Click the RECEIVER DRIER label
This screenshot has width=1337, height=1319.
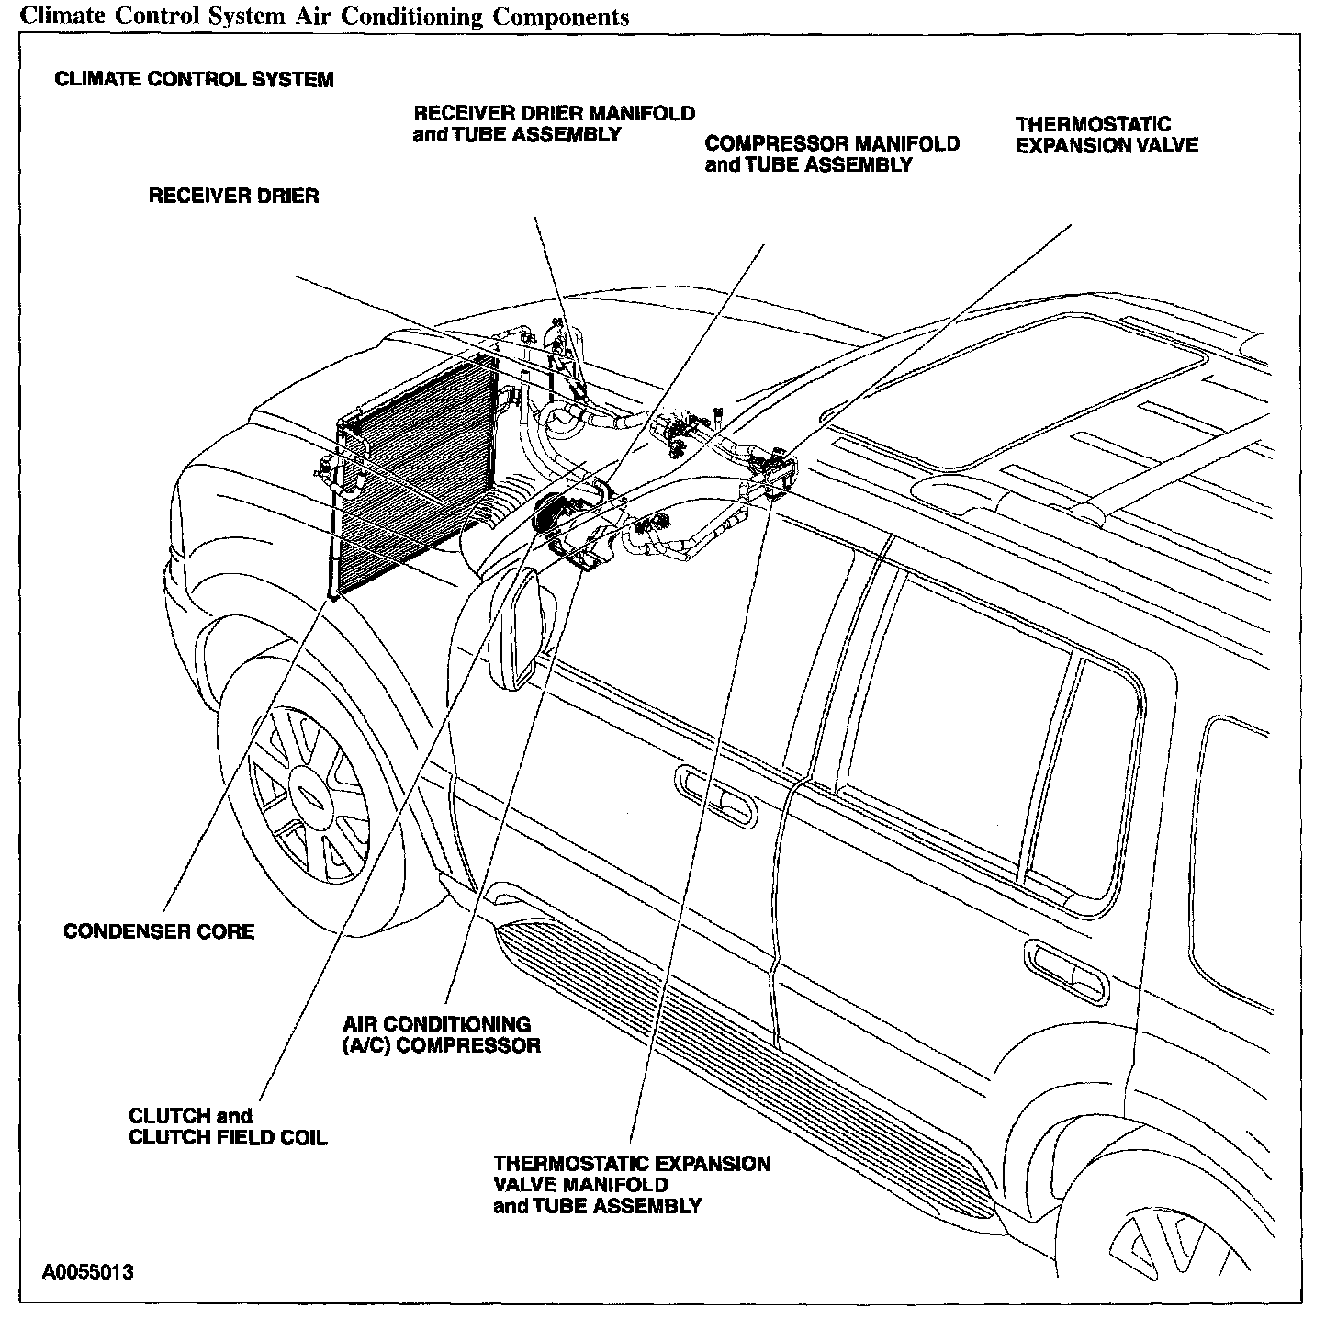[233, 196]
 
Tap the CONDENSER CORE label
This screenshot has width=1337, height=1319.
[159, 931]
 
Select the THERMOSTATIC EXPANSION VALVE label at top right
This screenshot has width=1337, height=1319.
[1106, 135]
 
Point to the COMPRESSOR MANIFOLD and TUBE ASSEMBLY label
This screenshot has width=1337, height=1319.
[831, 154]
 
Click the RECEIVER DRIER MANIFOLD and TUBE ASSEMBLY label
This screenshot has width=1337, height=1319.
[554, 124]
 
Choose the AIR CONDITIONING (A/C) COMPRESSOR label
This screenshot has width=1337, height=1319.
[442, 1034]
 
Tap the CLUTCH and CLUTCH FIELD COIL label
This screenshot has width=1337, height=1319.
[228, 1126]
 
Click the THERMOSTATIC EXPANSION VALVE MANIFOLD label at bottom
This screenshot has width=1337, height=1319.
[632, 1185]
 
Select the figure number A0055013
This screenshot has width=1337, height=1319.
[88, 1272]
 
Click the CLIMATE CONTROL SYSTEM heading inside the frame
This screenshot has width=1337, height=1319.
[194, 79]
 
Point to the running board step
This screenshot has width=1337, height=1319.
[744, 1056]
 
